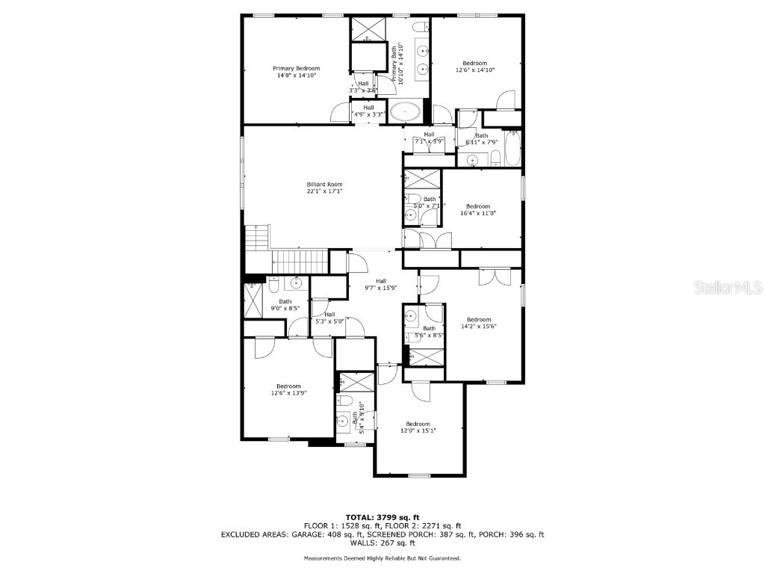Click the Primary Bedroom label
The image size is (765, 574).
tap(297, 72)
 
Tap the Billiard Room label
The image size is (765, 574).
tap(324, 188)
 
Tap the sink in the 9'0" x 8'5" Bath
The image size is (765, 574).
tap(297, 283)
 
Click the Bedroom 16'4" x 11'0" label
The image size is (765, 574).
tap(478, 209)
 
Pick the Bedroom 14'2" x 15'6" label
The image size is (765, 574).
tap(479, 322)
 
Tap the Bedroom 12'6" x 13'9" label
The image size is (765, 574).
tap(288, 389)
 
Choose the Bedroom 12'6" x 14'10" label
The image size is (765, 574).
tap(475, 67)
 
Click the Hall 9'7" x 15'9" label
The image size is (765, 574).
tap(381, 284)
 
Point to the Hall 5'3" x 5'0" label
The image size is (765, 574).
tap(329, 318)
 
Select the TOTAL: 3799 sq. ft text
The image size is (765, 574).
tap(382, 517)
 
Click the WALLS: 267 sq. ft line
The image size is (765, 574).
tap(382, 543)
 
